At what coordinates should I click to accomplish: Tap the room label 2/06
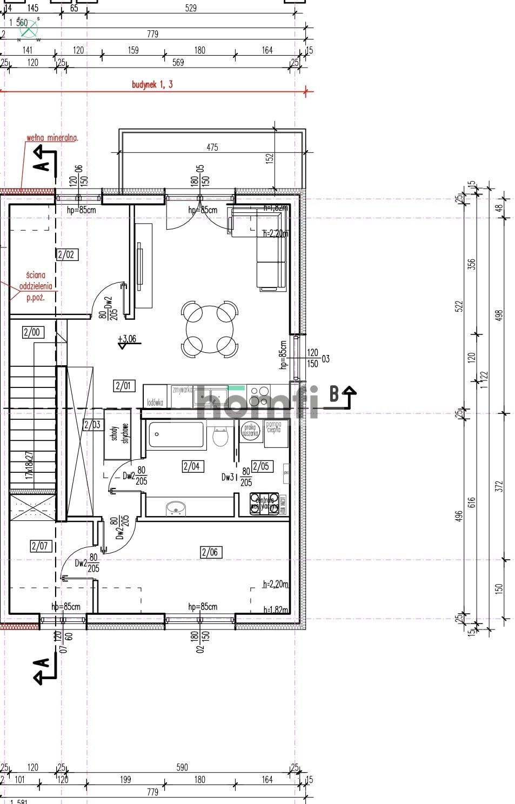point(210,552)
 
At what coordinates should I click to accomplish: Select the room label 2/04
point(192,466)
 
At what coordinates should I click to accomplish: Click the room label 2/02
point(66,254)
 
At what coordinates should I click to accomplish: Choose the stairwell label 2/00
point(32,332)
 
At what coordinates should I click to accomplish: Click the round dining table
point(209,330)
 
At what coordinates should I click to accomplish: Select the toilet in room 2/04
point(220,435)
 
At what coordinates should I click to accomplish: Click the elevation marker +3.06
point(127,340)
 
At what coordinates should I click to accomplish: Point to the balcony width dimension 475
point(212,147)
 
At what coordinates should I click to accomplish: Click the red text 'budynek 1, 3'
point(152,84)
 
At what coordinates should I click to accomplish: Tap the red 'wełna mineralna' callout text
point(52,138)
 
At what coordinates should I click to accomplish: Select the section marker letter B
point(334,394)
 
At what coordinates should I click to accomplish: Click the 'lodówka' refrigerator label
point(155,403)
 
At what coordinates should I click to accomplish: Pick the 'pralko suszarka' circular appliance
point(250,430)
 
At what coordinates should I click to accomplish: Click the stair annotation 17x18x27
point(30,466)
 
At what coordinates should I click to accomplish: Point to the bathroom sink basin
point(176,508)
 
